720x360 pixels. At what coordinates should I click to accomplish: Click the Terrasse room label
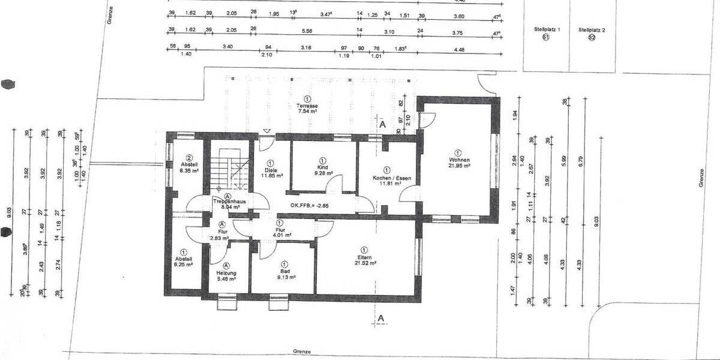coord(307,106)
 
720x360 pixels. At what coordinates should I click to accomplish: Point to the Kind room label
coord(322,169)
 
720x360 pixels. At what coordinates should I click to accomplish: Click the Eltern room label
coord(364,256)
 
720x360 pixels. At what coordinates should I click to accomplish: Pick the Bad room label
coord(284,271)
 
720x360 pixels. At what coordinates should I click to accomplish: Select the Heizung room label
coord(226,272)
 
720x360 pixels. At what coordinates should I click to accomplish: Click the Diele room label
coord(271,170)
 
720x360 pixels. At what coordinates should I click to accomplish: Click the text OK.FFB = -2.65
coord(310,206)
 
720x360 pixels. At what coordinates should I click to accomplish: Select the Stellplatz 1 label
coord(546,29)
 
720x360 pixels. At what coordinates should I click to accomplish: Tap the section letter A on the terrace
coord(382,125)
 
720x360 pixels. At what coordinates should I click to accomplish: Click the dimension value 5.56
coord(307,30)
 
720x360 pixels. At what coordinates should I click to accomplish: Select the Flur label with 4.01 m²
coord(280,231)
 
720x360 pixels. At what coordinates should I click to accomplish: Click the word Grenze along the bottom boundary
coord(302,352)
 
